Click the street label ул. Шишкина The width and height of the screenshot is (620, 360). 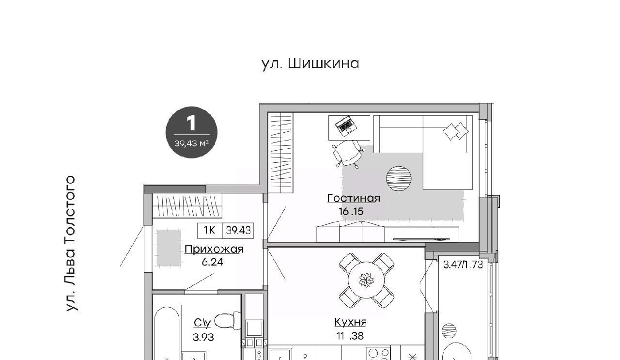click(x=310, y=64)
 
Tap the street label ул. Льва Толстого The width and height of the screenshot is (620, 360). click(x=71, y=243)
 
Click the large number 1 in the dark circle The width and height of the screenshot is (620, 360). click(x=191, y=123)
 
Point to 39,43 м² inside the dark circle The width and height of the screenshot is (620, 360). click(x=191, y=143)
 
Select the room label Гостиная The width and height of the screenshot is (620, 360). click(x=354, y=198)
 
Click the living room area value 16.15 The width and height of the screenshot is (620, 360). click(x=351, y=212)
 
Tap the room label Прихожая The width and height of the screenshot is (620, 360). click(x=214, y=250)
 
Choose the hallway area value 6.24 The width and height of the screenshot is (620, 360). click(x=213, y=262)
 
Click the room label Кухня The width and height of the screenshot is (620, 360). click(x=350, y=322)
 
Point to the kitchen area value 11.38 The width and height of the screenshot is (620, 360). click(x=350, y=336)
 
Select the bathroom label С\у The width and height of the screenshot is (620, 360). click(x=202, y=323)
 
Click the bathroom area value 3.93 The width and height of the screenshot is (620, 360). click(x=203, y=337)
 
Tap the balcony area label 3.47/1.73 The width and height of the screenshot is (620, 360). click(x=463, y=265)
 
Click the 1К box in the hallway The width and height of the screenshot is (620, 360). click(x=210, y=230)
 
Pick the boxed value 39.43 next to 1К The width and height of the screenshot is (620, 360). click(x=238, y=231)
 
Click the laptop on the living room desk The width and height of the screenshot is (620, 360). click(x=346, y=126)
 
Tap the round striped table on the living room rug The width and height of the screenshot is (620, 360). click(x=399, y=178)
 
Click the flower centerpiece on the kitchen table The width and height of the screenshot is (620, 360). click(x=366, y=280)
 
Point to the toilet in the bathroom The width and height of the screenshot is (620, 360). click(x=228, y=321)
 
